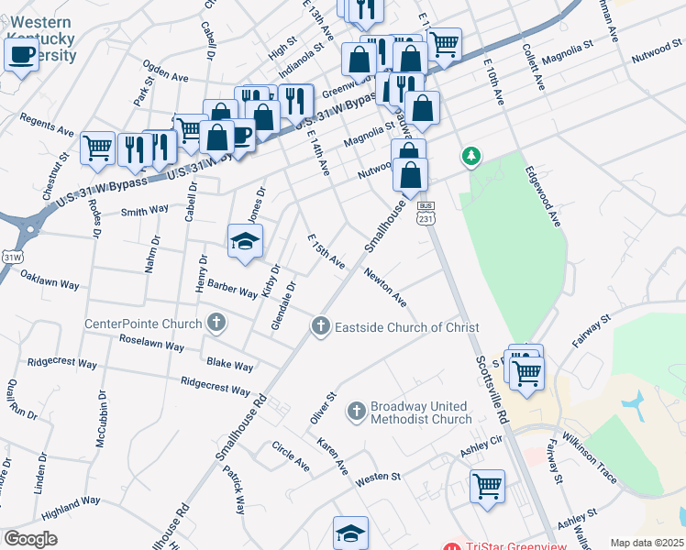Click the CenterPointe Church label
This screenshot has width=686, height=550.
pos(142,324)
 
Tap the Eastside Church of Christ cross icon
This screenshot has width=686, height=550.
pos(320,325)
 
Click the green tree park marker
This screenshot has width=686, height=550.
pos(471,157)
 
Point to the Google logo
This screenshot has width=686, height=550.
pos(30,539)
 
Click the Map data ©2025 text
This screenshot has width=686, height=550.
pos(647,543)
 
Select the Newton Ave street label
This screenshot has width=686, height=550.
pos(384,287)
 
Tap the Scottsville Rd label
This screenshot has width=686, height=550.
pos(490,389)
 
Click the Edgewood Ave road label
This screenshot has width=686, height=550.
pos(542,196)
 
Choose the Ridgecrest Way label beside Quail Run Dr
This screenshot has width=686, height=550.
pos(62,363)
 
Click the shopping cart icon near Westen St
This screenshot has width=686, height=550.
pos(487,486)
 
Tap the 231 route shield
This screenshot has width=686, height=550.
pos(425,218)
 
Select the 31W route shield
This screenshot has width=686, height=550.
pos(12,258)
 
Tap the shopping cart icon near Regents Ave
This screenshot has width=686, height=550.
pos(97,147)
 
